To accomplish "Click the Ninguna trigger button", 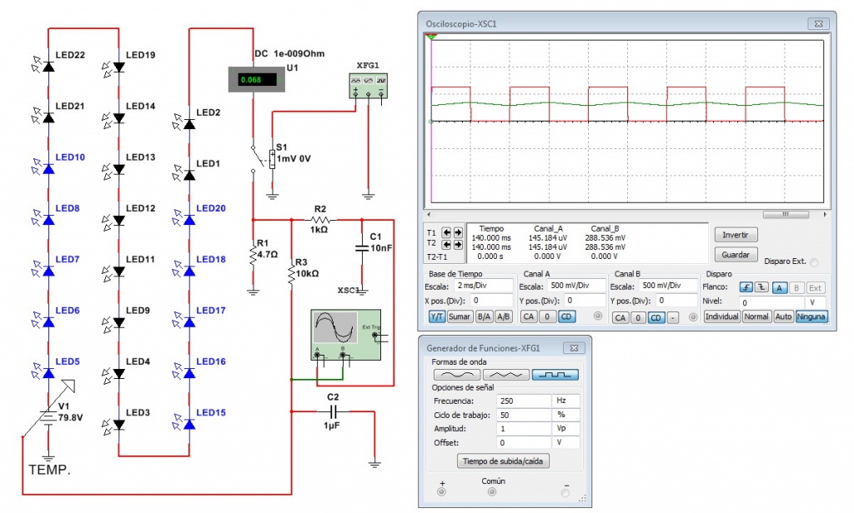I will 811,317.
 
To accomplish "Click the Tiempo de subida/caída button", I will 504,461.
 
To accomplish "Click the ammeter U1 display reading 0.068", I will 251,80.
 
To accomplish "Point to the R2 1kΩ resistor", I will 321,220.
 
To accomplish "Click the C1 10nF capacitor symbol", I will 361,247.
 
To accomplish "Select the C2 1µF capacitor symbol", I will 334,411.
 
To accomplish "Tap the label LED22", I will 70,55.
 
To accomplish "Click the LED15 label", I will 210,413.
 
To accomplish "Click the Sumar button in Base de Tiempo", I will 460,317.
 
